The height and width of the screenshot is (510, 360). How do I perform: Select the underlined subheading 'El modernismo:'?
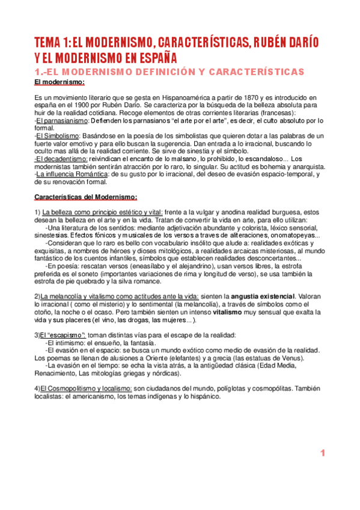coord(60,82)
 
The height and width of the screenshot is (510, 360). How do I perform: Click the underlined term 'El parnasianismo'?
coord(59,120)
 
